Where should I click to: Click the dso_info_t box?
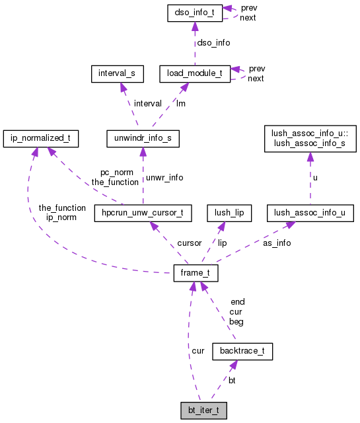click(194, 13)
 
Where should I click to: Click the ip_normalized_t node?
click(41, 139)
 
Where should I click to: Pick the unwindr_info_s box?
click(142, 139)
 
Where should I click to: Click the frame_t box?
click(196, 273)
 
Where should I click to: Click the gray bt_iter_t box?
click(204, 410)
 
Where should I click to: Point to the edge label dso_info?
click(214, 42)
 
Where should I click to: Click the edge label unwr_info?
click(164, 177)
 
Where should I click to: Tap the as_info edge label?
click(277, 243)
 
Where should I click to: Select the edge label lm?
click(180, 103)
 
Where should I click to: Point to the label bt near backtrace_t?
click(232, 380)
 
